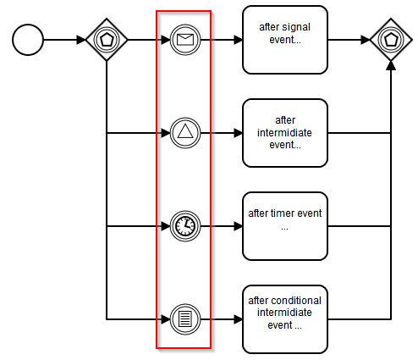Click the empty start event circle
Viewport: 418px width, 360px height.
tap(28, 40)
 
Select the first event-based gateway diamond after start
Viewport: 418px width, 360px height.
tap(107, 40)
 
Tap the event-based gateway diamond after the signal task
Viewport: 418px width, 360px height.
tap(391, 40)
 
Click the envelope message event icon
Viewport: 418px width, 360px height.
tap(185, 40)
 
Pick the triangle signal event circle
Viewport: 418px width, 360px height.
tap(185, 133)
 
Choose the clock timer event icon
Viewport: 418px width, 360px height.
tap(185, 226)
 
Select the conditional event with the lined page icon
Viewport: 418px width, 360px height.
tap(185, 319)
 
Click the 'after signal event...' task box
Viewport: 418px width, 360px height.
tap(285, 40)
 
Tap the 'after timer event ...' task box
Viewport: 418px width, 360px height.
tap(285, 226)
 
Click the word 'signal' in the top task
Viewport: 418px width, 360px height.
tap(297, 27)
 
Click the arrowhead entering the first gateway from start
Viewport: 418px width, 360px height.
tap(81, 40)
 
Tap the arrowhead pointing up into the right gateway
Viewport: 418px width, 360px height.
tap(391, 65)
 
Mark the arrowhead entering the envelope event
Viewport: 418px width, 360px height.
tap(166, 40)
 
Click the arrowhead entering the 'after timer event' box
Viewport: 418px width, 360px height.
tap(239, 226)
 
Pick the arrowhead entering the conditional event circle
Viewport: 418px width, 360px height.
tap(166, 319)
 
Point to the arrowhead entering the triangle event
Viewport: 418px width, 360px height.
tap(166, 133)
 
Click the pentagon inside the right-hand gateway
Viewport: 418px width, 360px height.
tap(391, 40)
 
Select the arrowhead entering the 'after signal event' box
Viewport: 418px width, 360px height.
tap(239, 40)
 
